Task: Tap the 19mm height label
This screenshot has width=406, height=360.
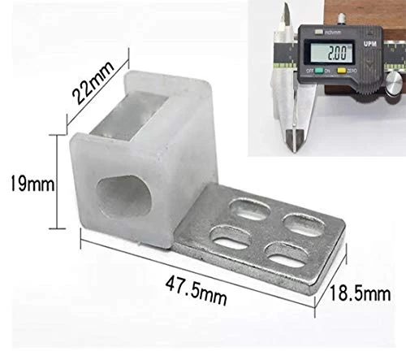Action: click(27, 184)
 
